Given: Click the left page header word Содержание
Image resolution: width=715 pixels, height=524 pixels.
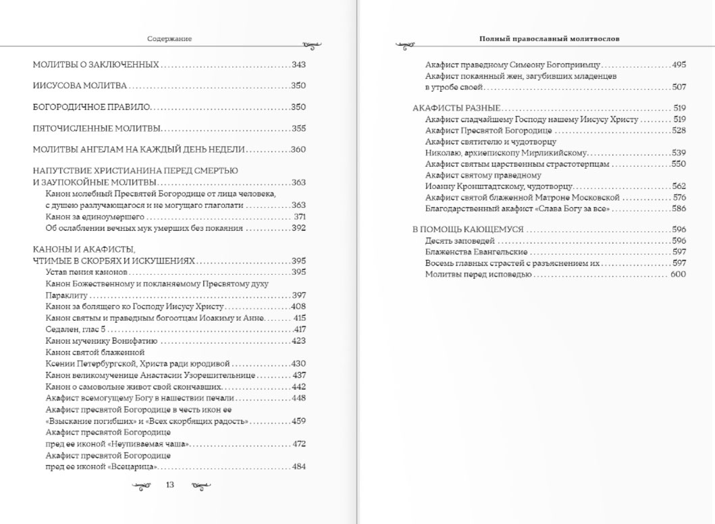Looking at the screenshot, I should pos(169,39).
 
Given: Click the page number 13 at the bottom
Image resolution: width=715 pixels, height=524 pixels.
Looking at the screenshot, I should pos(170,485).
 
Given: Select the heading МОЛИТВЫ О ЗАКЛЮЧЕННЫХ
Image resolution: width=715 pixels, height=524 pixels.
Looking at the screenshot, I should pos(96,65).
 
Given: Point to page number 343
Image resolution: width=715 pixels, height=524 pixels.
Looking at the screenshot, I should pos(299,65).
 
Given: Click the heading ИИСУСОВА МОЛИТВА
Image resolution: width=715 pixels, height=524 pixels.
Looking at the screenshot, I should pos(80,86).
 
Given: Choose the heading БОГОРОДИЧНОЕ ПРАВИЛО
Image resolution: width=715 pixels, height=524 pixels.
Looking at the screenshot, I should pos(92,107).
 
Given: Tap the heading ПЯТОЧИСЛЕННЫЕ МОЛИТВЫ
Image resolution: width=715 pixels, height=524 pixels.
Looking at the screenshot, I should pos(97,128).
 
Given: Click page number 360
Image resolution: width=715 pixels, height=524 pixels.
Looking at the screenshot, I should pos(299,149).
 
